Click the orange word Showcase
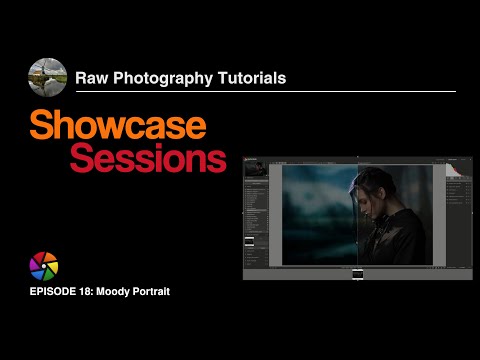click(118, 126)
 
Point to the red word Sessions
click(147, 159)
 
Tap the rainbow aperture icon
click(45, 267)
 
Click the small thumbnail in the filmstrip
click(357, 273)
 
